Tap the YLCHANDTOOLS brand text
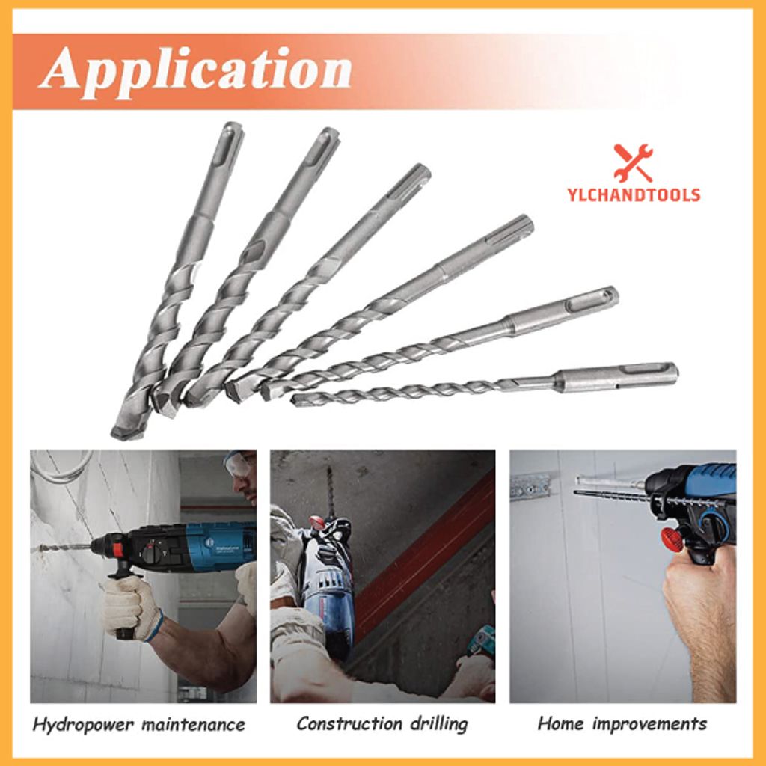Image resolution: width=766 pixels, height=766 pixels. click(x=633, y=195)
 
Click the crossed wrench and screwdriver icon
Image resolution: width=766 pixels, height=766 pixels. click(x=633, y=162)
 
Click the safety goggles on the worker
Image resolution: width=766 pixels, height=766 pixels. click(x=238, y=465)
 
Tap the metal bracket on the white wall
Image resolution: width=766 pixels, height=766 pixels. click(x=530, y=486)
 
